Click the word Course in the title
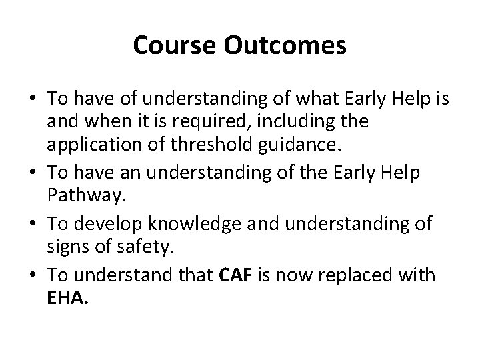169,45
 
